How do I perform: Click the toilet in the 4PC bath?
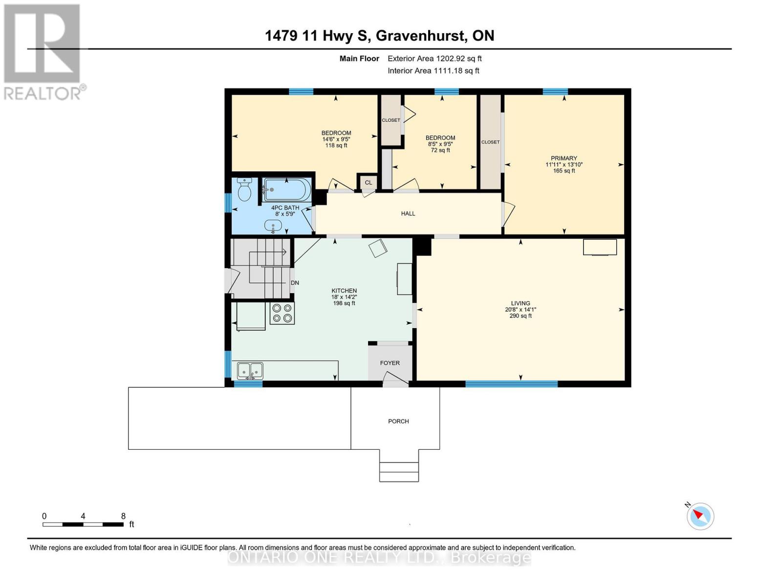pos(244,189)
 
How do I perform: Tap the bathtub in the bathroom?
pos(286,189)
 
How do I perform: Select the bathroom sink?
pos(273,226)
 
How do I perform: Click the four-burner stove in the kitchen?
pos(282,313)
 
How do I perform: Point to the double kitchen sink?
pos(250,371)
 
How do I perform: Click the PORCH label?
pos(398,421)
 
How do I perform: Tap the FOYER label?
pos(390,363)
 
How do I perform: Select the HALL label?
pos(408,213)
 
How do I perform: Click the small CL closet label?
pos(369,183)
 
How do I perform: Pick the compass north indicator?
pos(700,516)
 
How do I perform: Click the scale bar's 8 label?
pos(123,516)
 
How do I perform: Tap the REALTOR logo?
pos(43,51)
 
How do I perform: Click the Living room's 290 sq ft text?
pos(520,316)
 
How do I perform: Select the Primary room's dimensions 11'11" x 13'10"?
pos(564,165)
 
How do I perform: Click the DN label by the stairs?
pos(295,283)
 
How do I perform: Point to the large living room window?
pos(511,384)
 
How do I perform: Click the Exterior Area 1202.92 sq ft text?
pos(434,59)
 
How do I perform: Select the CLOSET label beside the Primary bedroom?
pos(490,142)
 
